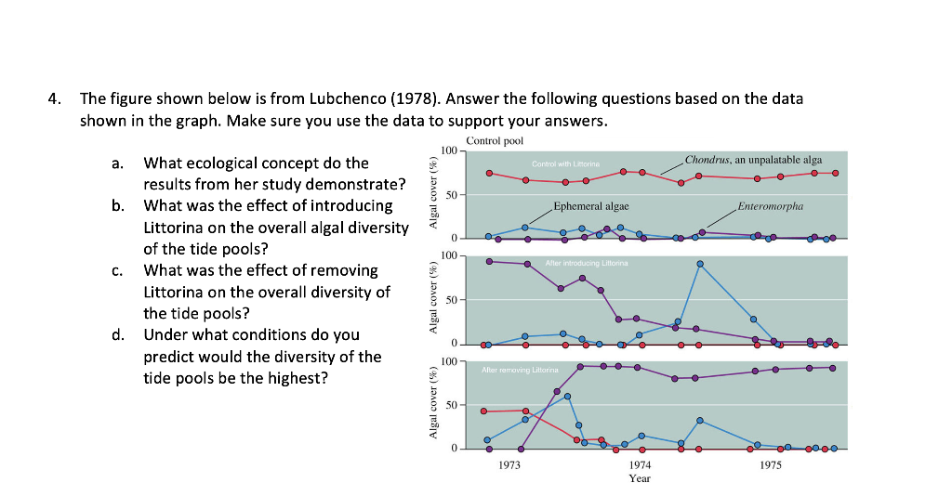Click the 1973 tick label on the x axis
tap(509, 463)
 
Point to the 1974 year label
tap(640, 463)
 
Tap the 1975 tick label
tap(770, 463)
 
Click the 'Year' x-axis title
tap(640, 478)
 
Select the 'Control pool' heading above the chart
tap(495, 141)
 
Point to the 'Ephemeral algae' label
tap(590, 205)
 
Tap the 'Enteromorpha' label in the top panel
tap(770, 205)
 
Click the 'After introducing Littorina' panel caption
tap(587, 264)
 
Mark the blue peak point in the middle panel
tap(699, 265)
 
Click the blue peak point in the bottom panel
tap(567, 397)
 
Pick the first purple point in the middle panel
tap(489, 261)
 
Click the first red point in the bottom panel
tap(484, 411)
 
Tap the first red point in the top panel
tap(489, 173)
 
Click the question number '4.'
tap(58, 98)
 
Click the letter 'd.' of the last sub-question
tap(117, 334)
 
